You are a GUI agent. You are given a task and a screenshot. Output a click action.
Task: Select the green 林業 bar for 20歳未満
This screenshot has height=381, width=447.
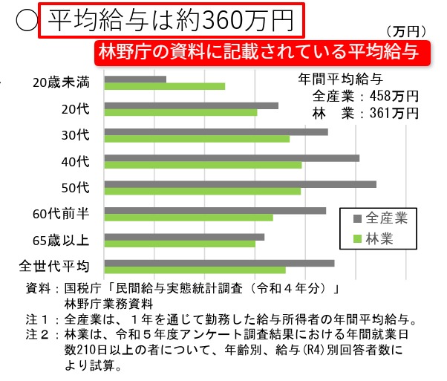pos(164,86)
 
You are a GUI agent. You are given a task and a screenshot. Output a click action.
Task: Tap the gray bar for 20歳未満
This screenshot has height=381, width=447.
pos(135,78)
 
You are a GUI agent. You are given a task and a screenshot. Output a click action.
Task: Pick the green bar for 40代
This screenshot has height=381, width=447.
pos(203,165)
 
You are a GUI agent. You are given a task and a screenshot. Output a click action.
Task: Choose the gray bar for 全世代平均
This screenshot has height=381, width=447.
pos(219,262)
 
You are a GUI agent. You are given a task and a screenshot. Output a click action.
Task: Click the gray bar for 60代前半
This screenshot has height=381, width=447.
pos(215,210)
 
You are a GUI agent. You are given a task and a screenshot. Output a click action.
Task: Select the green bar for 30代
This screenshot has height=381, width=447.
pos(197,139)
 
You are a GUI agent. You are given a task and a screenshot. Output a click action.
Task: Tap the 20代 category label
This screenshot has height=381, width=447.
pos(76,109)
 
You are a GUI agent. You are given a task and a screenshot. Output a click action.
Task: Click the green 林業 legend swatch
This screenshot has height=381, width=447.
pos(357,238)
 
